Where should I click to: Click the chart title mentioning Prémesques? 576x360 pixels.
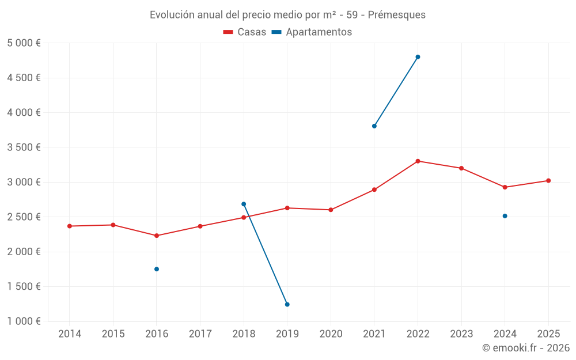tap(287, 15)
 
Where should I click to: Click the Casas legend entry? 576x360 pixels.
tap(245, 32)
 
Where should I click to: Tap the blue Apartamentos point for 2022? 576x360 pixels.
tap(418, 57)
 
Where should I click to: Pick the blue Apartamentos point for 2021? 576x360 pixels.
tap(374, 126)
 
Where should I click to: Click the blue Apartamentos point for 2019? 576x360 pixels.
tap(287, 304)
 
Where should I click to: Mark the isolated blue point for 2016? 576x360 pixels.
tap(157, 269)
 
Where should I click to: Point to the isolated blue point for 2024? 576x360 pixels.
tap(505, 216)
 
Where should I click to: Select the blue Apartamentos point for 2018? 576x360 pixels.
tap(244, 204)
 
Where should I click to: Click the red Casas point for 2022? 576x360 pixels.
tap(418, 161)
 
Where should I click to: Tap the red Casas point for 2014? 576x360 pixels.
tap(70, 226)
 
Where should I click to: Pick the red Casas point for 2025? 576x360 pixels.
tap(548, 181)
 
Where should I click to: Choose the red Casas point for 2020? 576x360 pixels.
tap(331, 210)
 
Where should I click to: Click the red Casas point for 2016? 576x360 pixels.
tap(157, 236)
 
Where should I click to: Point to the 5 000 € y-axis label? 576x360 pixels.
tap(24, 43)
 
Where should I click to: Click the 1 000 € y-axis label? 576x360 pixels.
tap(24, 321)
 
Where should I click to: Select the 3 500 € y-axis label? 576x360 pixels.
tap(24, 147)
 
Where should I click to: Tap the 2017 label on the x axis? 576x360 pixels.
tap(200, 334)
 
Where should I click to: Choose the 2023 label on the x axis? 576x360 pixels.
tap(461, 334)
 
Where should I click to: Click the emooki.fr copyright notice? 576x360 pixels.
tap(525, 348)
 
